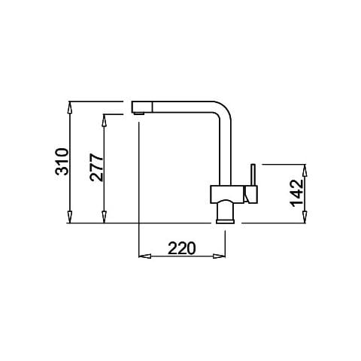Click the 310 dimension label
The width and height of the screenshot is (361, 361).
(62, 162)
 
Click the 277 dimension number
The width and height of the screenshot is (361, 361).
(96, 167)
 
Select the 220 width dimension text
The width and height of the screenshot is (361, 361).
(181, 248)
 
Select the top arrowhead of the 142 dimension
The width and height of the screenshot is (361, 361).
(305, 171)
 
